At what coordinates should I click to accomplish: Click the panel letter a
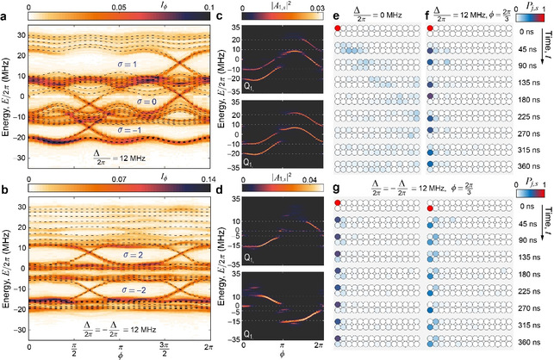tap(4, 7)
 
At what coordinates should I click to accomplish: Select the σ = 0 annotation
tap(142, 102)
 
